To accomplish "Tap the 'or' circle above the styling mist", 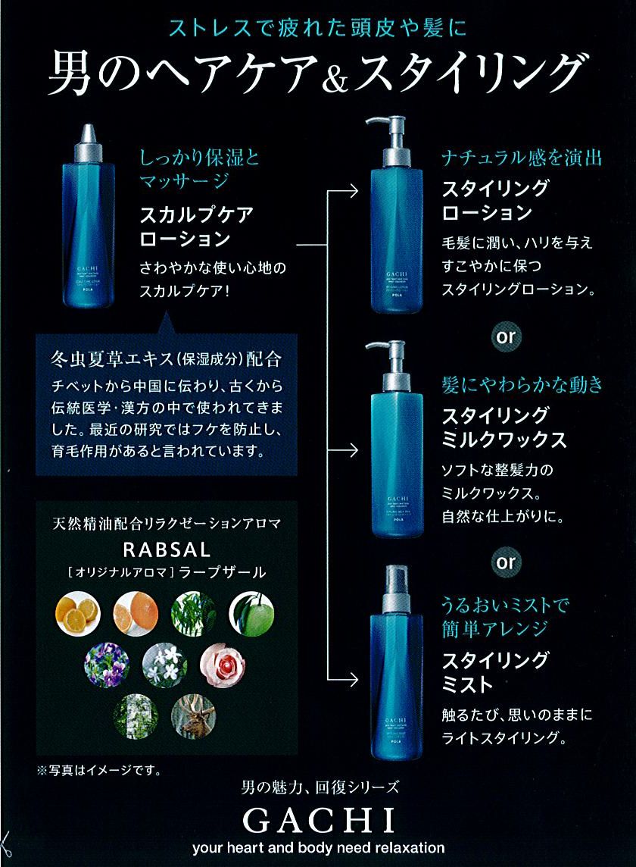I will (506, 562).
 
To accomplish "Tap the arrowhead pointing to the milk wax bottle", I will (352, 450).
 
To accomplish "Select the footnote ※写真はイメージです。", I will (98, 772).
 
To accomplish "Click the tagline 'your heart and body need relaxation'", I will (318, 847).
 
